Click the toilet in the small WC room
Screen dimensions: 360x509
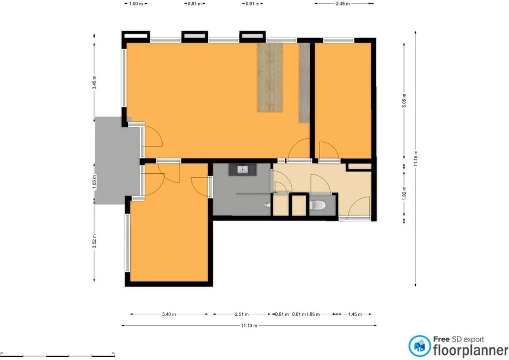[318, 205]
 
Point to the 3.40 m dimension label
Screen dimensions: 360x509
[169, 314]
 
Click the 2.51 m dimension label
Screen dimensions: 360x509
[242, 314]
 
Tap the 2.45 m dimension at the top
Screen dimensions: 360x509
[342, 3]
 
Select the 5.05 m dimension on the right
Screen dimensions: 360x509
[404, 102]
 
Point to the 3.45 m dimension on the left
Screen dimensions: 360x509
[94, 82]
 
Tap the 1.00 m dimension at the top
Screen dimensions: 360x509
[136, 3]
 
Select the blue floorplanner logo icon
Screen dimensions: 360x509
[420, 345]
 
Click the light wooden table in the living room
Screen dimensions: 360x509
[270, 77]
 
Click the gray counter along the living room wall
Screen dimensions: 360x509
[304, 82]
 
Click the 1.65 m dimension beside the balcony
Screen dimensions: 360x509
[94, 180]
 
